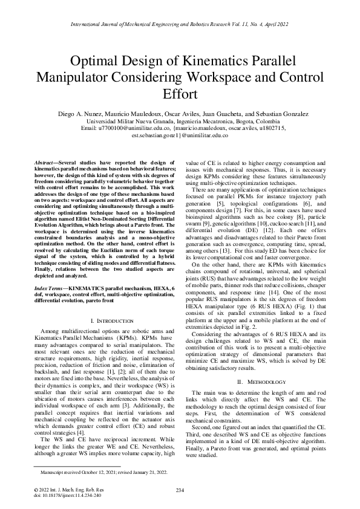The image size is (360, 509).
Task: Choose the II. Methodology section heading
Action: pos(258,365)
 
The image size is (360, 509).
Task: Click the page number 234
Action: pos(180,490)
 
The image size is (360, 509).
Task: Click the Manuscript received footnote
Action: pos(99,472)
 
